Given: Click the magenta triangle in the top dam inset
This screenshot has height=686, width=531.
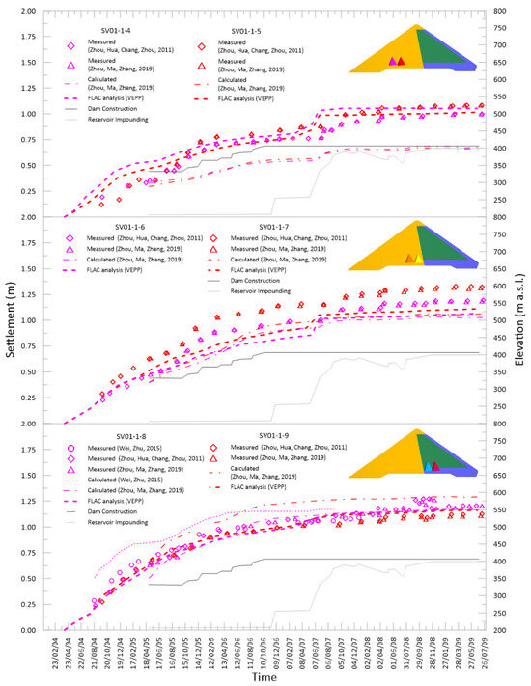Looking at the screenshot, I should [392, 61].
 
